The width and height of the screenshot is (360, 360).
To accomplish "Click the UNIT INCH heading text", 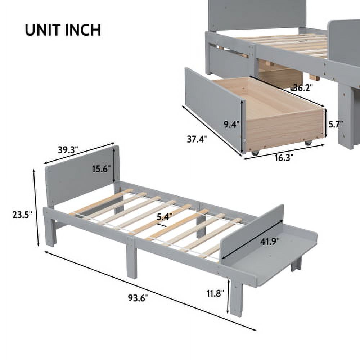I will (x=63, y=30).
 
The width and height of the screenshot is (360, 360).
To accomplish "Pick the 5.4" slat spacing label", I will (x=164, y=217).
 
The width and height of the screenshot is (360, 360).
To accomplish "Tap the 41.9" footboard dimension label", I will (x=270, y=242).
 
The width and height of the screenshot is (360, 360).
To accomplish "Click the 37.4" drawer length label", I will (x=197, y=139).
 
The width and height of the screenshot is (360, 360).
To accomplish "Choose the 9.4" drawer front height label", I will (x=231, y=125).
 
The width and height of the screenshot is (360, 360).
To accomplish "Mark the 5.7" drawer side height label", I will (x=335, y=125).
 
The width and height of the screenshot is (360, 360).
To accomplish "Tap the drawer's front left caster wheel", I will (x=255, y=153).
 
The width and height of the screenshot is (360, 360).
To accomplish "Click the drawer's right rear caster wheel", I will (x=308, y=143).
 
